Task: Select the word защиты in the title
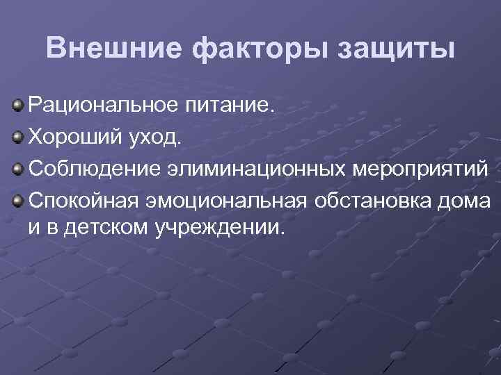(x=395, y=49)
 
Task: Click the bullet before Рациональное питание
(x=17, y=106)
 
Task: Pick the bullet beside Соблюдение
(x=17, y=167)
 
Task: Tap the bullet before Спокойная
(x=17, y=199)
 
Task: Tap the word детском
(x=104, y=228)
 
